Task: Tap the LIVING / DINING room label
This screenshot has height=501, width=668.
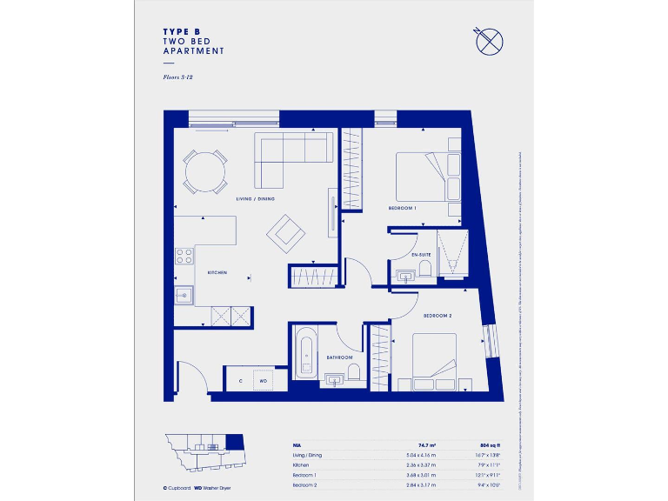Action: pyautogui.click(x=255, y=199)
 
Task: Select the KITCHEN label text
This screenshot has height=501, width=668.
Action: pyautogui.click(x=217, y=272)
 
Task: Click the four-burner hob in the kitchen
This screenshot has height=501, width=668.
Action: pyautogui.click(x=184, y=256)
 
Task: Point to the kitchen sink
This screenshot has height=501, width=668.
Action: pyautogui.click(x=184, y=295)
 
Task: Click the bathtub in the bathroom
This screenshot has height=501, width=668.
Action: pyautogui.click(x=305, y=352)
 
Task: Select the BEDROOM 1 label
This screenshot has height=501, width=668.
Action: pyautogui.click(x=403, y=209)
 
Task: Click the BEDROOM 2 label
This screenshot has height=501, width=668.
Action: pyautogui.click(x=438, y=315)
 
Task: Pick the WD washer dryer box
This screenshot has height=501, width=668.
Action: pyautogui.click(x=262, y=381)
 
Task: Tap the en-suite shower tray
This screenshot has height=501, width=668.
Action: pyautogui.click(x=451, y=252)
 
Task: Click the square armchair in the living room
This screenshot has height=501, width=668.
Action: pyautogui.click(x=286, y=232)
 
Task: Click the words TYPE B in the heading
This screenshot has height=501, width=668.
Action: pyautogui.click(x=187, y=31)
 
